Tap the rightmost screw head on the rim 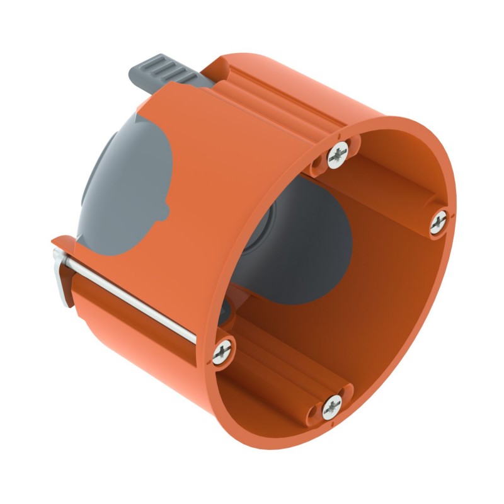(439, 222)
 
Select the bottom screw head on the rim (332, 408)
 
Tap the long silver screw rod (139, 302)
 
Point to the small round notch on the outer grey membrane (165, 208)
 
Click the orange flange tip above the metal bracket (59, 243)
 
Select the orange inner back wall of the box (365, 277)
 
